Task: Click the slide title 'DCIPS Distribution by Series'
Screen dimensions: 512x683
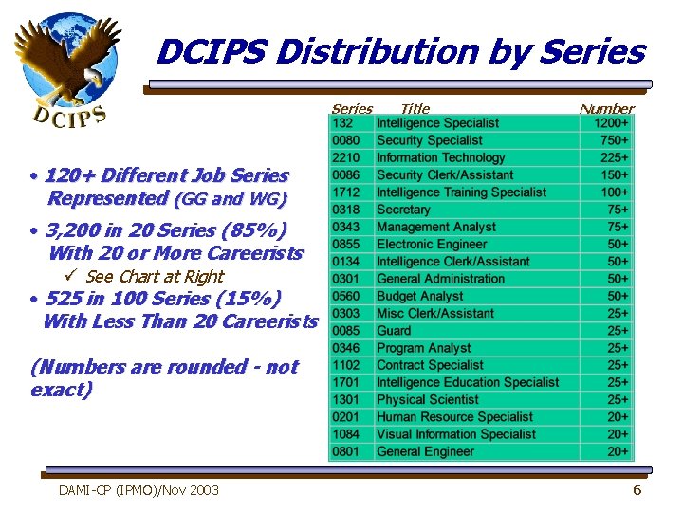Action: [x=400, y=52]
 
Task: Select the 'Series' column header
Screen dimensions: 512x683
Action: [x=351, y=109]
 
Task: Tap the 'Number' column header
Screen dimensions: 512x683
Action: [x=606, y=109]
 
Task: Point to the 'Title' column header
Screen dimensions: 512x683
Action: [x=415, y=109]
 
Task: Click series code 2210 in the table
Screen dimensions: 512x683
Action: [x=345, y=157]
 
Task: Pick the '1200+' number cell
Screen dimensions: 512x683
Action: [x=611, y=123]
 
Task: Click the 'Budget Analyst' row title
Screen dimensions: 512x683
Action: [x=419, y=296]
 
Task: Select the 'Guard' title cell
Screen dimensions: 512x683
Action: [x=394, y=330]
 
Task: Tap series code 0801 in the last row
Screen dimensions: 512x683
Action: [x=345, y=451]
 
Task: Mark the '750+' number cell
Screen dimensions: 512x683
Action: [x=615, y=140]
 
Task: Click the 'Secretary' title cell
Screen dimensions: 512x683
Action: [x=403, y=210]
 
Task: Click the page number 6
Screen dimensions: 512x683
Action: [x=637, y=490]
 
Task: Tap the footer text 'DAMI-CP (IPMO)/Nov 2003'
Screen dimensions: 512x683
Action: [x=138, y=490]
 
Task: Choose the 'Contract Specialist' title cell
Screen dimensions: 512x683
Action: [x=430, y=365]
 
